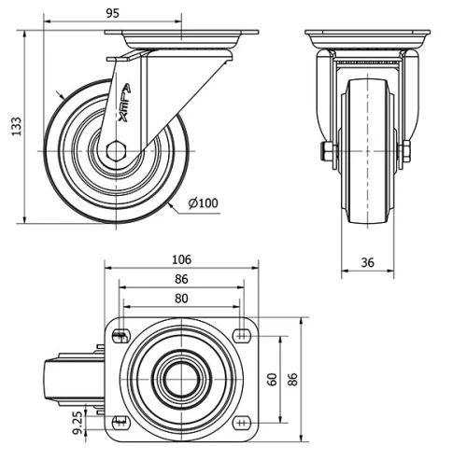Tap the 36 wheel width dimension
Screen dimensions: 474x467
(x=367, y=263)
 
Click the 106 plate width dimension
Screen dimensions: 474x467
(x=181, y=258)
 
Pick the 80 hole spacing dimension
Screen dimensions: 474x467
(x=181, y=299)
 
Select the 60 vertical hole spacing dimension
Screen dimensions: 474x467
(x=272, y=379)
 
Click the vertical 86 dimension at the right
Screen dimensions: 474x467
(x=292, y=379)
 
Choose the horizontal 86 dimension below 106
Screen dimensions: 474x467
(x=181, y=279)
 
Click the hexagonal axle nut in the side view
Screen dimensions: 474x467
(x=116, y=151)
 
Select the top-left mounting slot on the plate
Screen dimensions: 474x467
(x=120, y=336)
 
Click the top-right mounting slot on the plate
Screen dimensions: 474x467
(x=242, y=336)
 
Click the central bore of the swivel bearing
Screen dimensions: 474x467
(x=180, y=379)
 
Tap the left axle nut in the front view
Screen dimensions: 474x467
(x=327, y=151)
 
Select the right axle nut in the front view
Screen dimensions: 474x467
(x=406, y=151)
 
